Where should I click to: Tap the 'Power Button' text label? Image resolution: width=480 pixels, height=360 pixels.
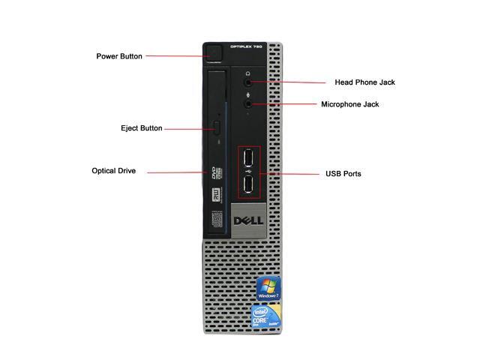tap(119, 56)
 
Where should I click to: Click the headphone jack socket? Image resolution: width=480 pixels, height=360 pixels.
tap(248, 84)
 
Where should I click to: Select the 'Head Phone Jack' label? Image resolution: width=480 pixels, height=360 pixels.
tap(365, 82)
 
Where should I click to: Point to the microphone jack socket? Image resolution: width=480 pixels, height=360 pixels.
tap(248, 106)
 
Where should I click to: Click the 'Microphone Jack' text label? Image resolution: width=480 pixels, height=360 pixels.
tap(360, 105)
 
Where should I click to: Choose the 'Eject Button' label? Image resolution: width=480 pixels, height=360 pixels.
tap(141, 129)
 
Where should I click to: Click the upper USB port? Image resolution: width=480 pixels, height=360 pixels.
tap(249, 160)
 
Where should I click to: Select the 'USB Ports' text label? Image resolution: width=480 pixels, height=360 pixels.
tap(343, 174)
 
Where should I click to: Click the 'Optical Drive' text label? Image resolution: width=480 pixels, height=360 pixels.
tap(114, 171)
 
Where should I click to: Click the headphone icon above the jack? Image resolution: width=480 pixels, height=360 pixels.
tap(248, 73)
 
